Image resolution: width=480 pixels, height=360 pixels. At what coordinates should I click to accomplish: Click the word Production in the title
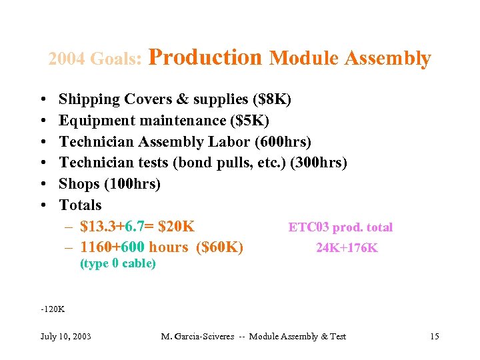click(x=205, y=58)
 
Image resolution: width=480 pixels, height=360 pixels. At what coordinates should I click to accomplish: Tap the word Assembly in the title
click(x=393, y=59)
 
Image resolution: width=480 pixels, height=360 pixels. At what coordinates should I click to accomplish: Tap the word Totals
click(x=80, y=205)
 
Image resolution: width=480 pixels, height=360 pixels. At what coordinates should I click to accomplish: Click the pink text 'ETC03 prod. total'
click(x=340, y=227)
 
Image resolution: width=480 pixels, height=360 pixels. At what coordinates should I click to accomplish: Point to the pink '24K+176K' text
click(x=347, y=248)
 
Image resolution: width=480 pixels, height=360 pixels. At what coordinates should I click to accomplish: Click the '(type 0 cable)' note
click(x=118, y=263)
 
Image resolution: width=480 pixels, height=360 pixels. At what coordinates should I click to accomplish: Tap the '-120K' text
click(x=53, y=309)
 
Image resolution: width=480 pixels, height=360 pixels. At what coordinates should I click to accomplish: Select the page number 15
click(x=434, y=336)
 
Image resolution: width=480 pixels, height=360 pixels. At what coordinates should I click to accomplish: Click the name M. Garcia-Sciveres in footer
click(x=197, y=336)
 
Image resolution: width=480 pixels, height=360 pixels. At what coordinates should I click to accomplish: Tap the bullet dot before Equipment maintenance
click(x=43, y=121)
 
